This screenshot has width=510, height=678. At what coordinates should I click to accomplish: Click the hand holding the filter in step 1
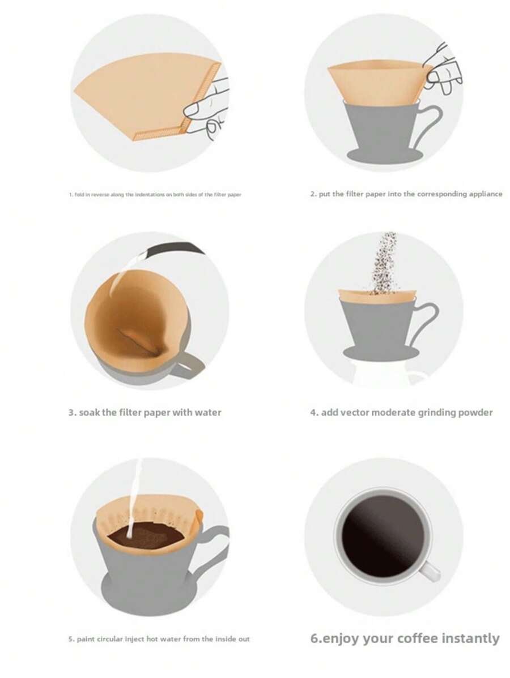pos(208,110)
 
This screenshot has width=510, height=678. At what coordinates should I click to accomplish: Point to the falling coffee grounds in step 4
pos(383,263)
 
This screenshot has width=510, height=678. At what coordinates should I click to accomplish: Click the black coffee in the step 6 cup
pos(382,536)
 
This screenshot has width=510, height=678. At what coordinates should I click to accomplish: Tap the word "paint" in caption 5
pos(86,639)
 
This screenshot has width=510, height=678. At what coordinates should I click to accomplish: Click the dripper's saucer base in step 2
pos(384,156)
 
